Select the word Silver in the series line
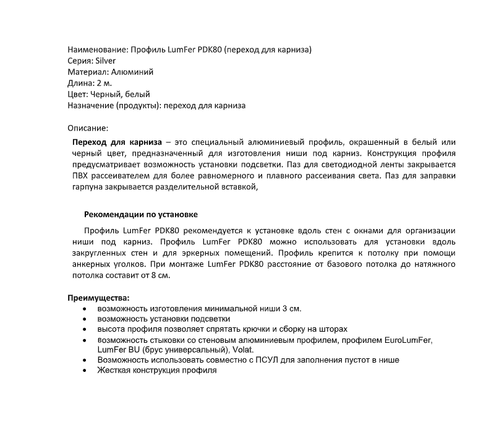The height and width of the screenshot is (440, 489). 104,61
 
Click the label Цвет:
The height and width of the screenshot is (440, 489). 78,94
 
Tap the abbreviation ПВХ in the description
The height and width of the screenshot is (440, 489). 82,176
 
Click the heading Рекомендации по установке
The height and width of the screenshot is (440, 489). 141,215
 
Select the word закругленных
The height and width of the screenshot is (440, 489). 98,253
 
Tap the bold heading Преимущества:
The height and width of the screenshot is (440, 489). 98,298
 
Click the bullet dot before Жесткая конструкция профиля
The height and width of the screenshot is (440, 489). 83,370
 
